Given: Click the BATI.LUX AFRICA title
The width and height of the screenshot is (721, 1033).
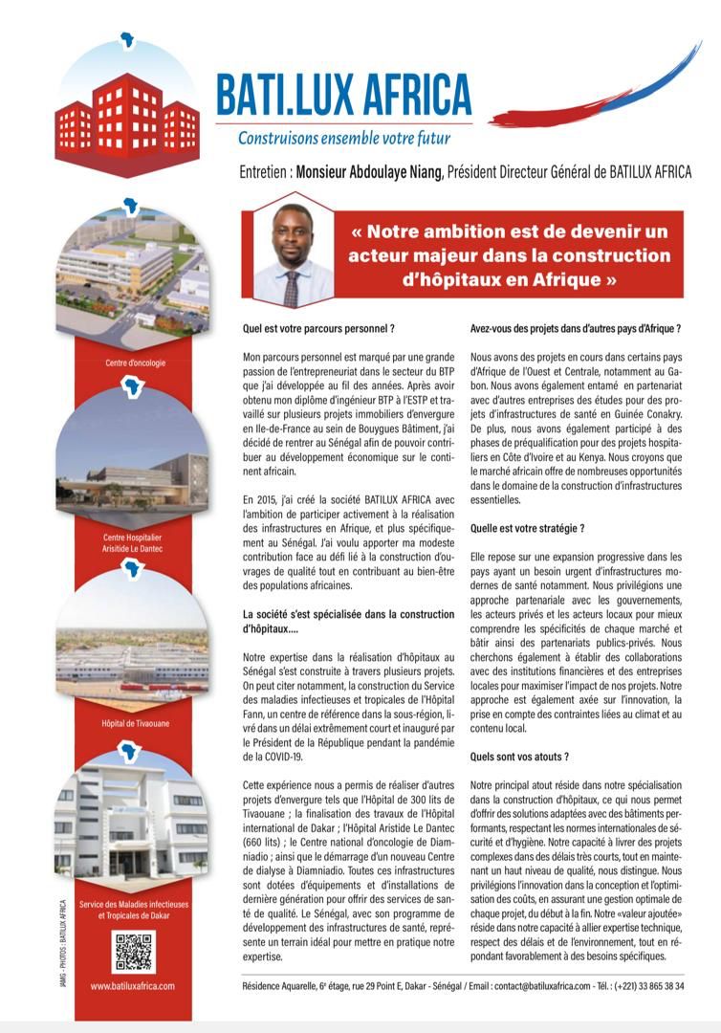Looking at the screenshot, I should (344, 94).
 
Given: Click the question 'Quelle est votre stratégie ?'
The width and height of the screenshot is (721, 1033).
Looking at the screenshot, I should (527, 528).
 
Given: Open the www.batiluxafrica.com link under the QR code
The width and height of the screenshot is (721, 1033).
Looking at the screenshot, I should (133, 985).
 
